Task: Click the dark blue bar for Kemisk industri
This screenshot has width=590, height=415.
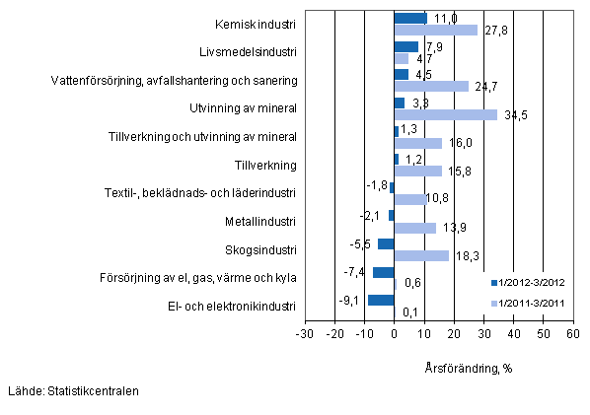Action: pos(410,19)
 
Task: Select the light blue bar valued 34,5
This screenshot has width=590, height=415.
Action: pos(445,114)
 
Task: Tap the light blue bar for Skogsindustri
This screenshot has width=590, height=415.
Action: pos(421,255)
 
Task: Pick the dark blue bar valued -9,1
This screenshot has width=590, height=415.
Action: pos(381,300)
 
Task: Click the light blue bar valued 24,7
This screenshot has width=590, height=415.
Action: pos(431,86)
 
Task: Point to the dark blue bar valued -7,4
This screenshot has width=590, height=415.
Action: pos(383,272)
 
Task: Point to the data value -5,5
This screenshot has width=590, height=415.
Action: pos(362,243)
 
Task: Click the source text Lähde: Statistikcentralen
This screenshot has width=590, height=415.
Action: pos(72,391)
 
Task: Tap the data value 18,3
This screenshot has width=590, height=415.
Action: pos(465,256)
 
